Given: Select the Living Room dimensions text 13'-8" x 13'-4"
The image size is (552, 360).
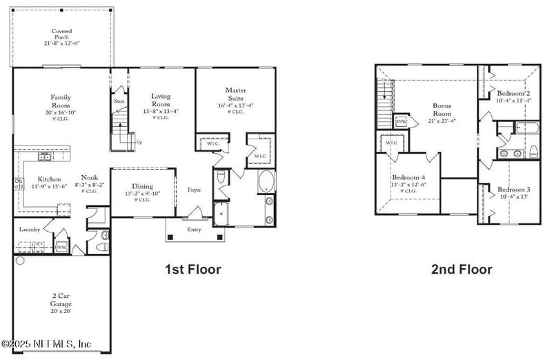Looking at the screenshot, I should (x=160, y=110).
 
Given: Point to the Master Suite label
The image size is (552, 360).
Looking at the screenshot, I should (x=235, y=94).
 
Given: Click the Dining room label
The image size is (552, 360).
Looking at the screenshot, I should (x=142, y=186).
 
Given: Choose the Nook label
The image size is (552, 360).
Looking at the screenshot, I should (x=90, y=177).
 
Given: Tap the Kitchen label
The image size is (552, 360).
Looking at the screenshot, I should (x=49, y=179).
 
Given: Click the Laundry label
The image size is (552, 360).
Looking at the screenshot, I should (x=30, y=229).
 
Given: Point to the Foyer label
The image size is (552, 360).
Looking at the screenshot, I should (x=194, y=190).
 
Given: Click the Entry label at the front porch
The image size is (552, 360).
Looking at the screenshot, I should (x=194, y=230).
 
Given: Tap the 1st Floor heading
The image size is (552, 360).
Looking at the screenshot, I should (x=193, y=269).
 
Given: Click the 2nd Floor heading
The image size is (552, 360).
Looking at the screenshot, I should (x=462, y=269).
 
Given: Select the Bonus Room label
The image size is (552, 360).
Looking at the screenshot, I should (x=442, y=110).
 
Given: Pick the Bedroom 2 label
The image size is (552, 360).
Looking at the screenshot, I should (x=513, y=93).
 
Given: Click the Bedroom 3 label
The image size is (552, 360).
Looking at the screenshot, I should (x=513, y=190).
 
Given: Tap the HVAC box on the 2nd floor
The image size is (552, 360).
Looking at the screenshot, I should (x=402, y=122).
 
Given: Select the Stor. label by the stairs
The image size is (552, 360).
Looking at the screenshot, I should (x=119, y=101).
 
